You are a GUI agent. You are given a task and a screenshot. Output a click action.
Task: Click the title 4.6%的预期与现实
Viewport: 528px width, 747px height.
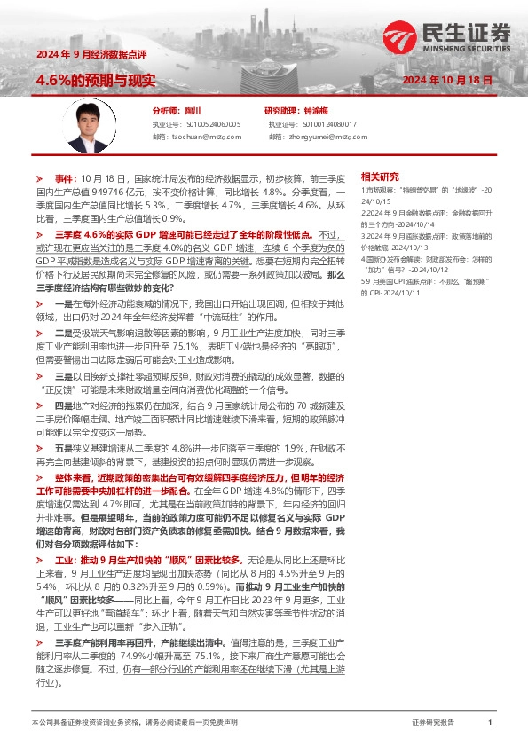(96, 80)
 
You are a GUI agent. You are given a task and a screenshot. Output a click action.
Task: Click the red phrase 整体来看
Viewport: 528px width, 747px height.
(75, 476)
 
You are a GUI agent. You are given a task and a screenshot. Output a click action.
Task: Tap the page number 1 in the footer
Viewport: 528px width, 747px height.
(490, 723)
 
